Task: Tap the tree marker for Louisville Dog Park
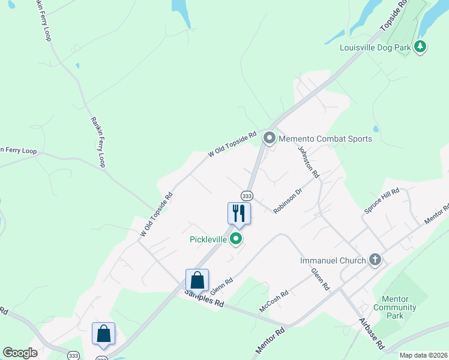tap(421, 46)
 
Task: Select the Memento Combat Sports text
tap(326, 139)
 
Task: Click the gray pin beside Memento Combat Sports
tap(270, 139)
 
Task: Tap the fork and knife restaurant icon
tap(239, 213)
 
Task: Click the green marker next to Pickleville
tap(237, 239)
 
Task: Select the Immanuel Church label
tap(333, 260)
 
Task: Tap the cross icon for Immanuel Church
tap(375, 260)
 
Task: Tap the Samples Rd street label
tap(204, 298)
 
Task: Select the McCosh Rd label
tap(274, 302)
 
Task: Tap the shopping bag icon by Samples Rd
tap(197, 280)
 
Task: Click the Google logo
tap(20, 353)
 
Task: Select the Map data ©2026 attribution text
tap(423, 355)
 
